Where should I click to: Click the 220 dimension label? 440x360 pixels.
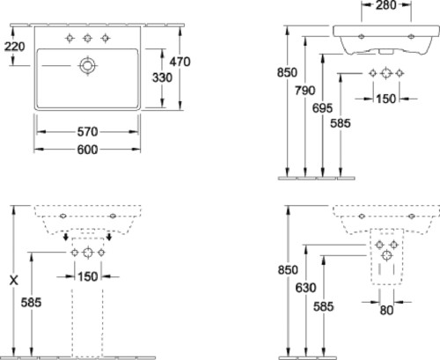pos(14,47)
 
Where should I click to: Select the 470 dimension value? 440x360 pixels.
pos(180,62)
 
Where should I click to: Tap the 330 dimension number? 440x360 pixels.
pos(162,77)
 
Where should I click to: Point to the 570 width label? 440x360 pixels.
pos(87,132)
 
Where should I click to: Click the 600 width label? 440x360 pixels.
pos(87,150)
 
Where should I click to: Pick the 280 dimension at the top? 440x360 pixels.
pos(386,5)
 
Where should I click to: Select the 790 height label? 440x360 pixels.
pos(305,91)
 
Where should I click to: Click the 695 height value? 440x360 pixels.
pos(322,108)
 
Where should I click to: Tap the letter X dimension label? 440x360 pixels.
pos(14,281)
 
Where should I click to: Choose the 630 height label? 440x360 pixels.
pos(305,288)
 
